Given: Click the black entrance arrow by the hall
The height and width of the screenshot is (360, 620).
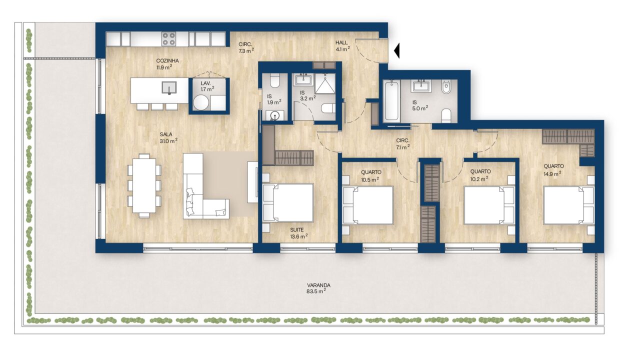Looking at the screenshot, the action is coord(397,50).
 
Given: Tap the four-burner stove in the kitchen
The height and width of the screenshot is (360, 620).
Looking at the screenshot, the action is coord(169,39).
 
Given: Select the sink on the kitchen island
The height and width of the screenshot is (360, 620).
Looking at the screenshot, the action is coord(169,87).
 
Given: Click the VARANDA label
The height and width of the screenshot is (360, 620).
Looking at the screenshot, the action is coord(318,285).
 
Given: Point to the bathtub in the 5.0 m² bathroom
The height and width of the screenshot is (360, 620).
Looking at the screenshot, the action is coord(391,100).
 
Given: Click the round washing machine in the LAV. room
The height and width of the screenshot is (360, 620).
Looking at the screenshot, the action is coord(200,102).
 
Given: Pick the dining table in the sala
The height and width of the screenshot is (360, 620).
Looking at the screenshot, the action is coord(144,185).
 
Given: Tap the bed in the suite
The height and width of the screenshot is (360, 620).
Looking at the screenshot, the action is coord(288,202).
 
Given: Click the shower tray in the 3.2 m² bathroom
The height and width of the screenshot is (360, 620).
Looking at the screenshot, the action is coord(325,83).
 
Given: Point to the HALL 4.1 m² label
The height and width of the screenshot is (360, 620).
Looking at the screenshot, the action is coord(342,46).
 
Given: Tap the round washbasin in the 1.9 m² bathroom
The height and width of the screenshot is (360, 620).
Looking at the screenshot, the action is coord(274,115).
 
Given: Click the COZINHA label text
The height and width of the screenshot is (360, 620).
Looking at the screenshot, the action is coord(167,61).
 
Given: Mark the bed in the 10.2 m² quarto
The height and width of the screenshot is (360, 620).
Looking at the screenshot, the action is coord(489,205).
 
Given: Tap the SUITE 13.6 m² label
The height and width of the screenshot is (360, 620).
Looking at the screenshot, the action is coord(298,233).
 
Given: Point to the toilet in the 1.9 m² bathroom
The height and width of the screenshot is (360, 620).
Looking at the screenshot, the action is coord(275,79).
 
